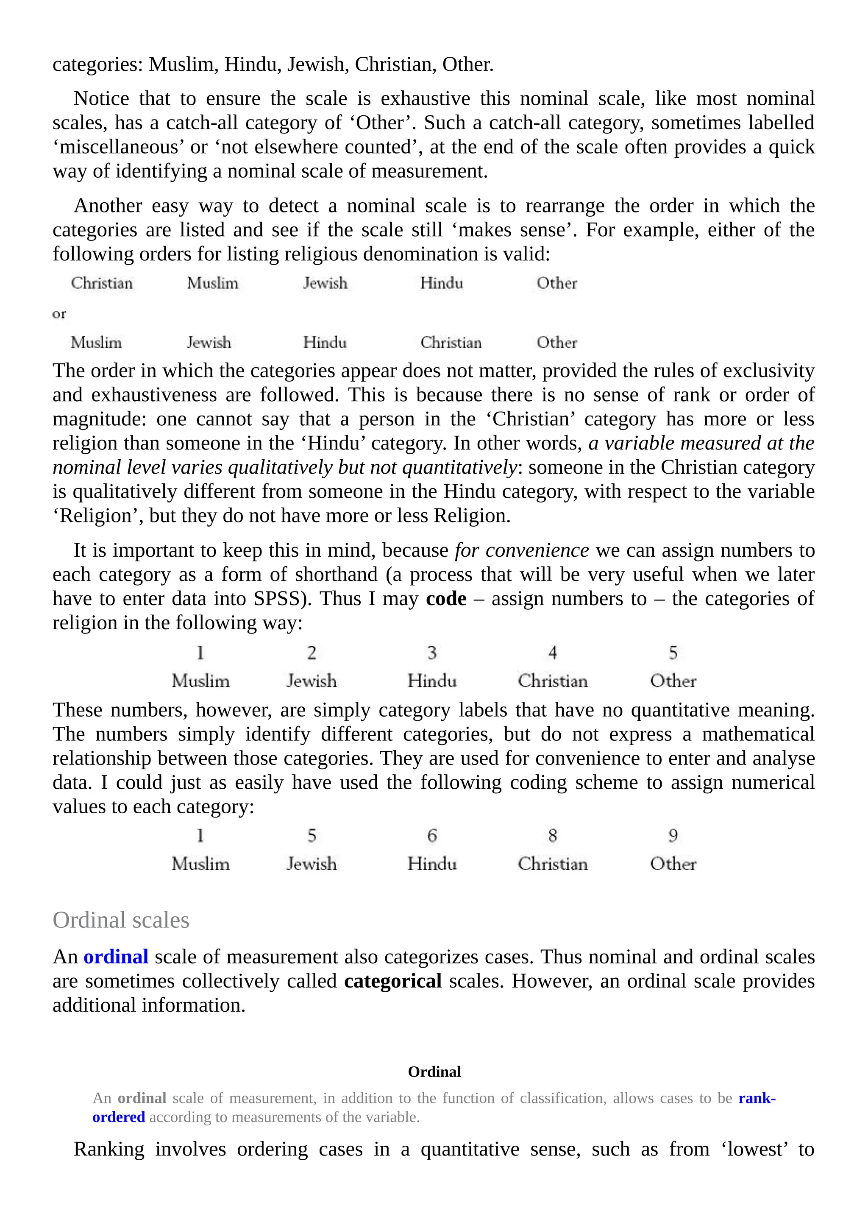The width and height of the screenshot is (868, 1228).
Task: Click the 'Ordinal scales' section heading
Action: coord(121,920)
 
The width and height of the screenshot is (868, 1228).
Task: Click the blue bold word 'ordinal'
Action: coord(116,957)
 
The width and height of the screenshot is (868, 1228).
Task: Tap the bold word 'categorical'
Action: coord(393,981)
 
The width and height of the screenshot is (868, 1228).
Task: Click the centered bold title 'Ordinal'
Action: coord(434,1071)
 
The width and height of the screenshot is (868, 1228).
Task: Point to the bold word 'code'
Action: coord(446,598)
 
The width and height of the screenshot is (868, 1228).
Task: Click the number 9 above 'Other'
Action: coord(673,835)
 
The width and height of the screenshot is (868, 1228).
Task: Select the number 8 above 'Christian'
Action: coord(553,835)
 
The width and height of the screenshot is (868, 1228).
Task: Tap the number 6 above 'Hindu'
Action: coord(432,835)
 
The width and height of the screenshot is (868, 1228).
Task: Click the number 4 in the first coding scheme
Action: coord(553,653)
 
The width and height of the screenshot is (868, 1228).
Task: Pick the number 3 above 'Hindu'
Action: coord(432,653)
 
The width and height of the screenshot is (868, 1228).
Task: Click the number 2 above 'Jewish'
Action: coord(312,653)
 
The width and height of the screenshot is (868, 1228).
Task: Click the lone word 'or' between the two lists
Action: coord(59,314)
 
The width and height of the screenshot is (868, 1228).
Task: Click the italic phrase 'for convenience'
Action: coord(522,550)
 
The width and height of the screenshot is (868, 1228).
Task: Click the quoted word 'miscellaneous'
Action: coord(118,147)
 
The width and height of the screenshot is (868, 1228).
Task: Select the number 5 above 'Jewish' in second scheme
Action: coord(312,835)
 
